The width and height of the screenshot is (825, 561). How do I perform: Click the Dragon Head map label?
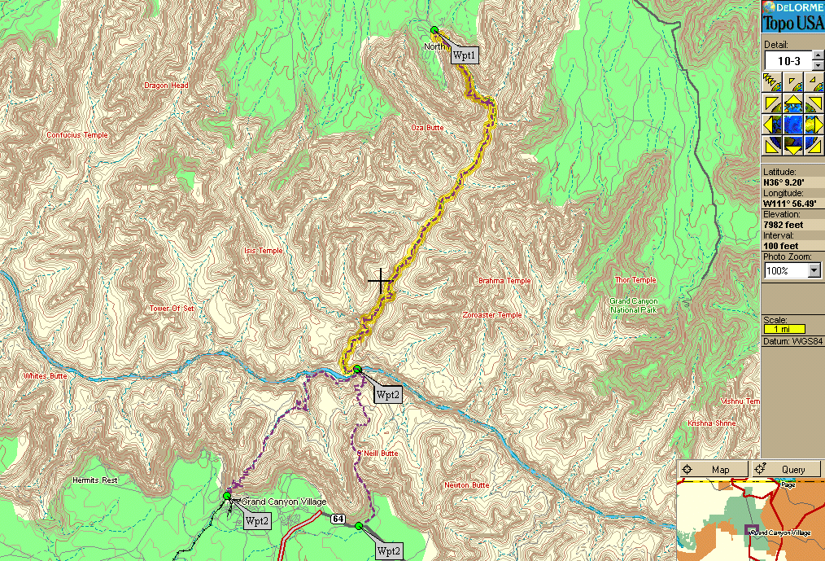coord(166,85)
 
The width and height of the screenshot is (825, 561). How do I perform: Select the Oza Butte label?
coord(427,129)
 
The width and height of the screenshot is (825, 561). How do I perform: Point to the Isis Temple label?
coord(264,251)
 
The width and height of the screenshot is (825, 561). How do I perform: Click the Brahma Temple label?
coord(504,281)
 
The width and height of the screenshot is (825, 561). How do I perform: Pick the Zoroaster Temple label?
coord(491,315)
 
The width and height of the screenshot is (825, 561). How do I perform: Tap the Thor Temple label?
coord(635,280)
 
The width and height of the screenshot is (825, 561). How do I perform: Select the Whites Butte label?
coord(46,376)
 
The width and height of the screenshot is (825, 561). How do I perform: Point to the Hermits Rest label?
coord(94,480)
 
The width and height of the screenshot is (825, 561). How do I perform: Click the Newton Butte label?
coord(467,485)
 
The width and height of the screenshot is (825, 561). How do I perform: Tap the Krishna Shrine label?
coord(712,423)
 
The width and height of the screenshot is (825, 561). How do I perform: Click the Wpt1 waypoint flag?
coord(465,55)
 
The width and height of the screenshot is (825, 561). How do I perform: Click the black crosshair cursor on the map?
coord(380,281)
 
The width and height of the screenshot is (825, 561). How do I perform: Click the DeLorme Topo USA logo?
coord(792,16)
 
